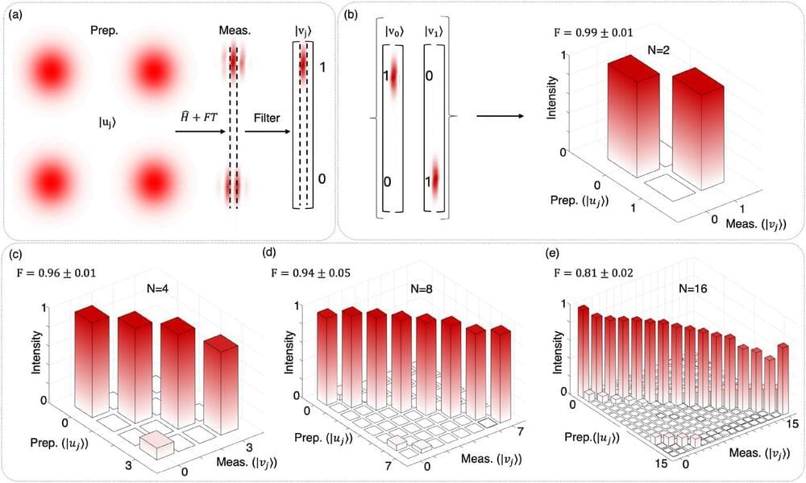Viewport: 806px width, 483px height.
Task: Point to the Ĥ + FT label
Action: coord(200,118)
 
